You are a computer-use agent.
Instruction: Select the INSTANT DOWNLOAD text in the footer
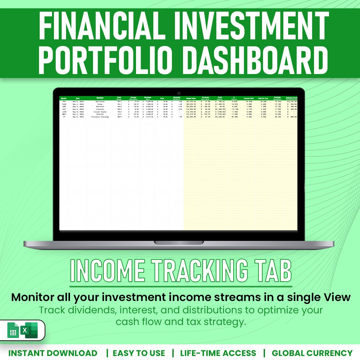tap(53, 353)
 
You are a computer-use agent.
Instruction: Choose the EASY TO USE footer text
tap(139, 353)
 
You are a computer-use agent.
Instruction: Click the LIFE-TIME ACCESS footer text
tap(218, 353)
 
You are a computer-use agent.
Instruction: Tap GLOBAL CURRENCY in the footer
tap(312, 353)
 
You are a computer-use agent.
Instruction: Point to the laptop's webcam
tap(179, 93)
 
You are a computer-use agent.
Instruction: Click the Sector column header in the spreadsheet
tap(100, 98)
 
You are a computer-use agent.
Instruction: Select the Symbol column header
tap(64, 98)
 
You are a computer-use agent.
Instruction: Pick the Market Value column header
tap(191, 98)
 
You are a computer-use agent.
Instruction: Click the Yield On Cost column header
tap(263, 98)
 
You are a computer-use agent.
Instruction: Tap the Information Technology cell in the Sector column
tap(100, 117)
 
